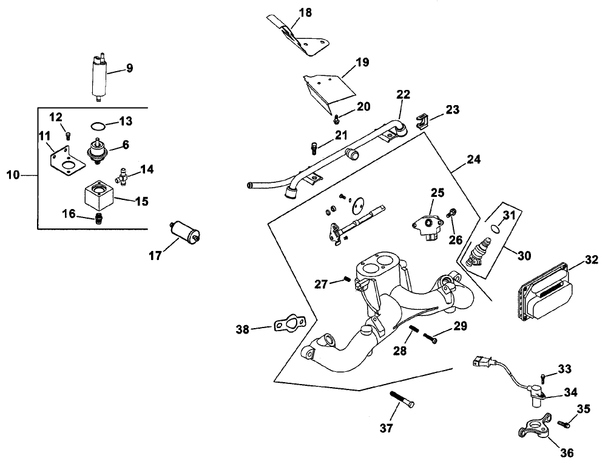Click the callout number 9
click(129, 69)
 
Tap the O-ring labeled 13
click(96, 126)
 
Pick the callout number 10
click(13, 175)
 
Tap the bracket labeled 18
click(303, 39)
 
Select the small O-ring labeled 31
click(495, 229)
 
